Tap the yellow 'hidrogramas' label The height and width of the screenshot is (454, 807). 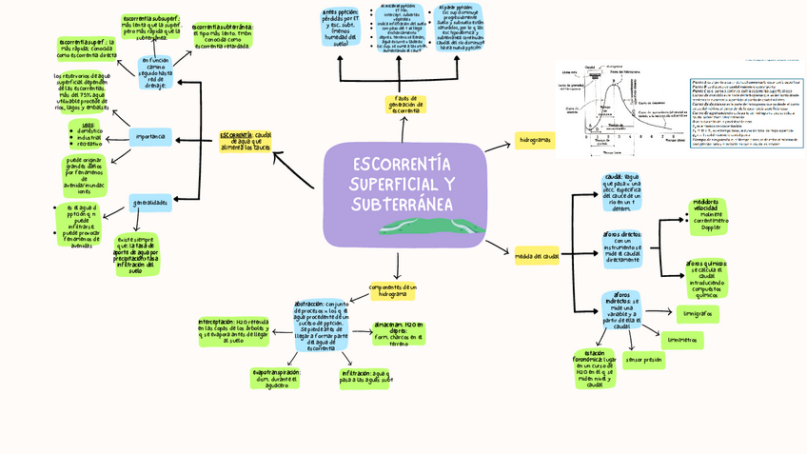tap(534, 141)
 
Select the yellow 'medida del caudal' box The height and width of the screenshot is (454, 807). tap(537, 256)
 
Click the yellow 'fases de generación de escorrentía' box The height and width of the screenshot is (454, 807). tap(406, 105)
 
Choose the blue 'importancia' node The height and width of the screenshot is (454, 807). tap(150, 138)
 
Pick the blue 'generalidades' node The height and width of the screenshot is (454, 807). tap(149, 203)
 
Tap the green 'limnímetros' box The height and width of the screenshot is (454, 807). tap(682, 339)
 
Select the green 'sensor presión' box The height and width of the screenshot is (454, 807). tap(643, 361)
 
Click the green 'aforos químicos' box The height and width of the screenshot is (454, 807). tap(707, 279)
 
